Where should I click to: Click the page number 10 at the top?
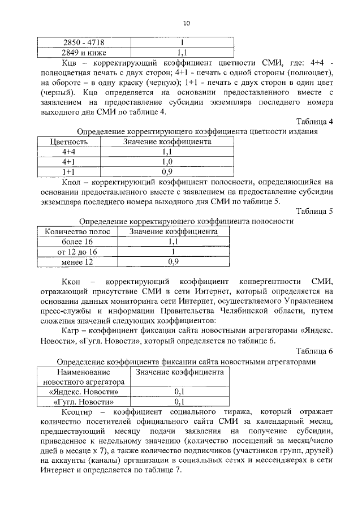pyautogui.click(x=186, y=23)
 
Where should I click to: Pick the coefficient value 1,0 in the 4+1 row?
pyautogui.click(x=167, y=161)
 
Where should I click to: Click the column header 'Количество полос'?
pyautogui.click(x=76, y=231)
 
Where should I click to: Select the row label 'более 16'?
pyautogui.click(x=76, y=242)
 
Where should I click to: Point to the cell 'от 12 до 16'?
pyautogui.click(x=76, y=251)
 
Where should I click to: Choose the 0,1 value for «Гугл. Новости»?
pyautogui.click(x=180, y=402)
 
